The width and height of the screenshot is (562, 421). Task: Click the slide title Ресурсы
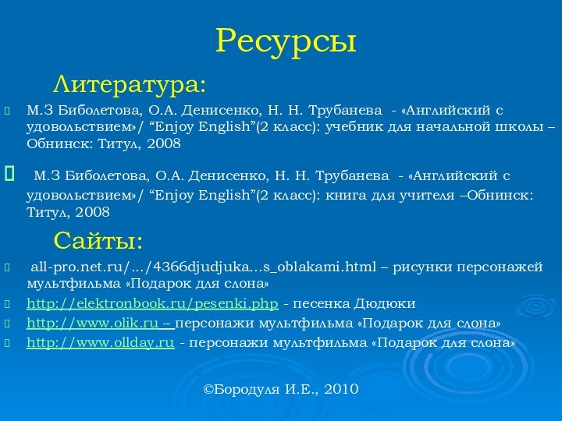[x=286, y=41]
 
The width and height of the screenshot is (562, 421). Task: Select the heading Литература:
[x=130, y=82]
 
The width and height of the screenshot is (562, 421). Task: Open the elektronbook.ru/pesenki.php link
[x=152, y=303]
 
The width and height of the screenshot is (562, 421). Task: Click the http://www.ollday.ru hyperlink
[x=100, y=342]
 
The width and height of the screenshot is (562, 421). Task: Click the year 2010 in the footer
[x=340, y=387]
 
